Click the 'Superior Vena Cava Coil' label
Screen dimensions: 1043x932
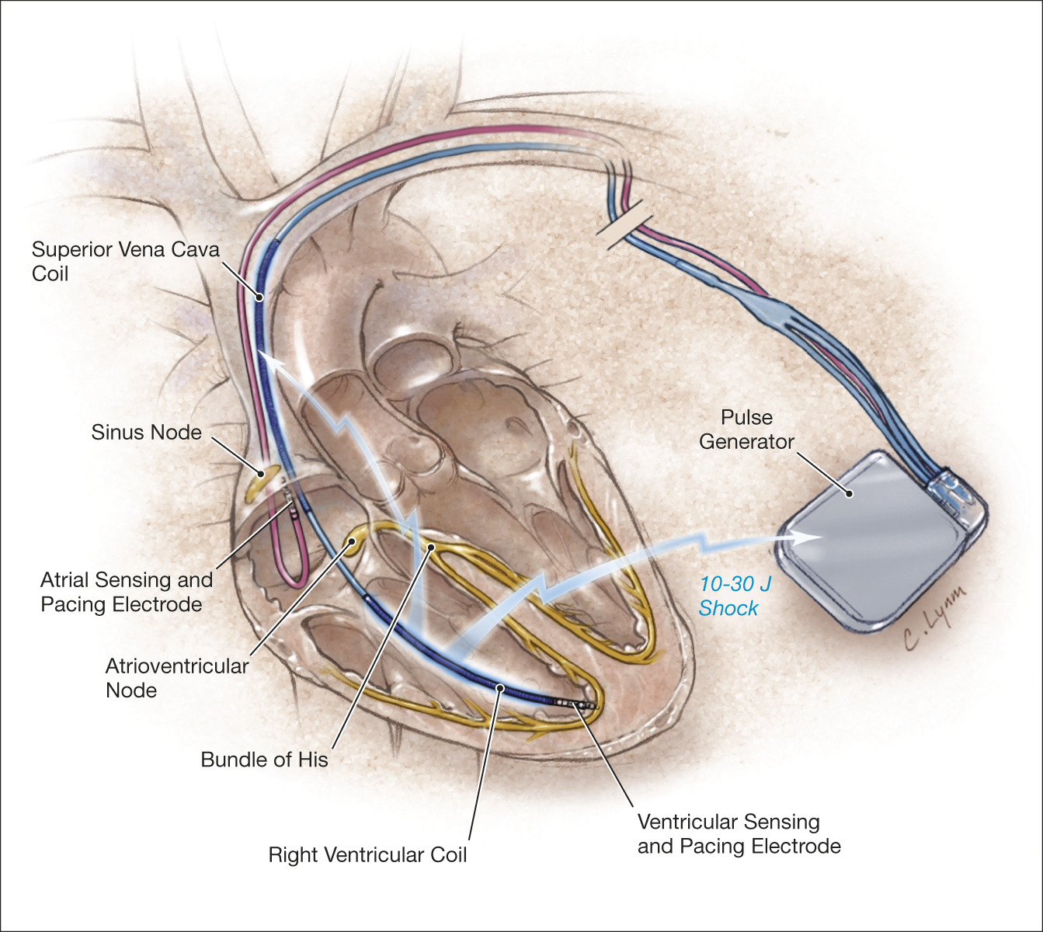click(126, 262)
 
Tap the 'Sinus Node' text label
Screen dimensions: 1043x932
click(146, 433)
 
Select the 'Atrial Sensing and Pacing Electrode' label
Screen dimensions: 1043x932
click(126, 592)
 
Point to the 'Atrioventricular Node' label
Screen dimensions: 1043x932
click(177, 678)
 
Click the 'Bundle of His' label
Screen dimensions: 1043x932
click(264, 760)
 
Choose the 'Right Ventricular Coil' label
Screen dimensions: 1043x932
click(367, 855)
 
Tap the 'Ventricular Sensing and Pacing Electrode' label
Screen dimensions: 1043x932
click(739, 834)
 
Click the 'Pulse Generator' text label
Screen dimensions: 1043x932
click(746, 429)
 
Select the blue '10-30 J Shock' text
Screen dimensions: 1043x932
click(735, 596)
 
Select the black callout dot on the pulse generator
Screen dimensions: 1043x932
click(849, 494)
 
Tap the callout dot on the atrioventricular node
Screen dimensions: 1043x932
click(352, 541)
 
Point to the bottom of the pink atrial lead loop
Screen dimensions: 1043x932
click(290, 586)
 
